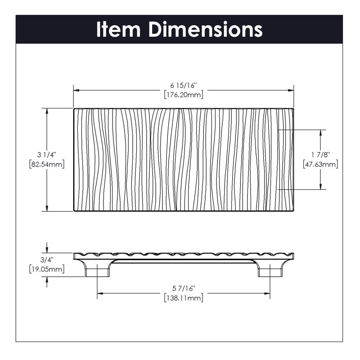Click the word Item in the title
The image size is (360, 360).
[x=118, y=29]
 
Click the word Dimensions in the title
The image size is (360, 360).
[x=206, y=29]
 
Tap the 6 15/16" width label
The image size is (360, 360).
[x=184, y=85]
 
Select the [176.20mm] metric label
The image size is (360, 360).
[x=184, y=94]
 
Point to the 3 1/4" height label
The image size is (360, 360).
[x=47, y=155]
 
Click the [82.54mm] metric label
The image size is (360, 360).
[x=47, y=164]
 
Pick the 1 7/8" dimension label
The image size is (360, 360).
[x=320, y=155]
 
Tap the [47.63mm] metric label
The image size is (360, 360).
[x=320, y=164]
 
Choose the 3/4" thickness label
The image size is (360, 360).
[x=47, y=260]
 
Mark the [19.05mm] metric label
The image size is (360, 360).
[x=47, y=269]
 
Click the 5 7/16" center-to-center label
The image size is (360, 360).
[x=184, y=288]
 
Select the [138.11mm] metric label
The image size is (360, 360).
[x=184, y=298]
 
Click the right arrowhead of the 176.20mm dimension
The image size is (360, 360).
[x=291, y=90]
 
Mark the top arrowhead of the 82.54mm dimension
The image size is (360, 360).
[x=47, y=111]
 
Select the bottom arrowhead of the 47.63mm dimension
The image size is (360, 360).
[x=320, y=186]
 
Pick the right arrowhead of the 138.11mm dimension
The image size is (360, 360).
[x=267, y=293]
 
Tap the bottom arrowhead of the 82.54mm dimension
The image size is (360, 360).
[x=47, y=208]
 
